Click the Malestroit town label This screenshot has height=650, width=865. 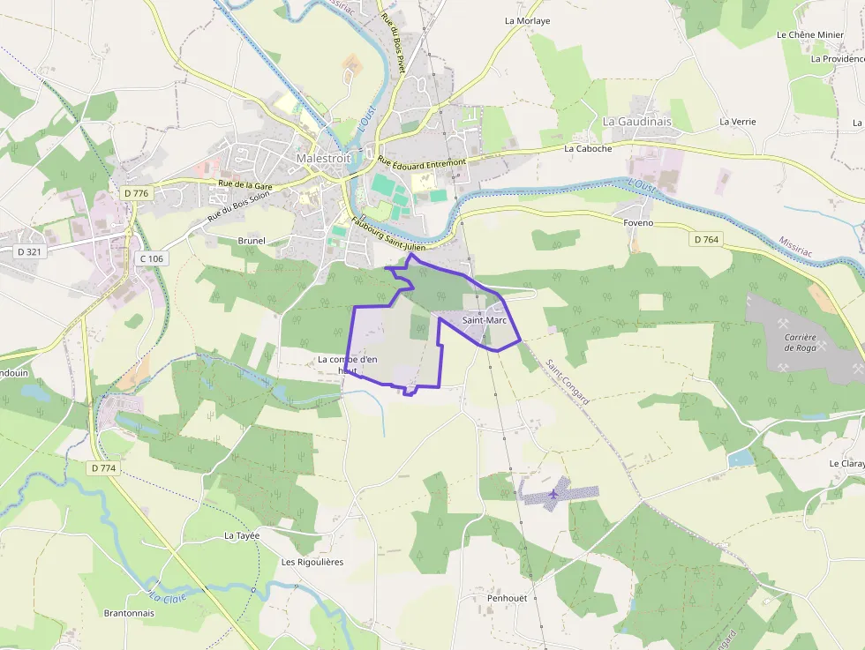(323, 158)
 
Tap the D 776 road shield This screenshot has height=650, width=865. (137, 192)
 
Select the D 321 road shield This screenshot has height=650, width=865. (29, 251)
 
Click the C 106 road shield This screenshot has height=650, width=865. (152, 258)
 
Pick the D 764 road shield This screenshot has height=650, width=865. (707, 239)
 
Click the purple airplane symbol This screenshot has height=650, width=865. (553, 494)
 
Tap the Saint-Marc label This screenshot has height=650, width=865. (485, 319)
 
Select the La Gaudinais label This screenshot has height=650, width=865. (636, 121)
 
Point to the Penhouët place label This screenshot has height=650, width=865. (507, 598)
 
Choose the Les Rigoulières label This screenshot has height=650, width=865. (312, 562)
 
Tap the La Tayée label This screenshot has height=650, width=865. (241, 535)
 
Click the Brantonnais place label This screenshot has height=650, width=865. (130, 613)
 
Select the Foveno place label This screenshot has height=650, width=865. (638, 223)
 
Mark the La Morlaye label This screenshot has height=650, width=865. (527, 20)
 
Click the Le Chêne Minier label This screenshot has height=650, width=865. (810, 35)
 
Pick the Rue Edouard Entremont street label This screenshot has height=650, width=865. (421, 162)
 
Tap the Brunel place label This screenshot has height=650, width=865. (252, 240)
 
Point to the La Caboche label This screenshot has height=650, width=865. (588, 148)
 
